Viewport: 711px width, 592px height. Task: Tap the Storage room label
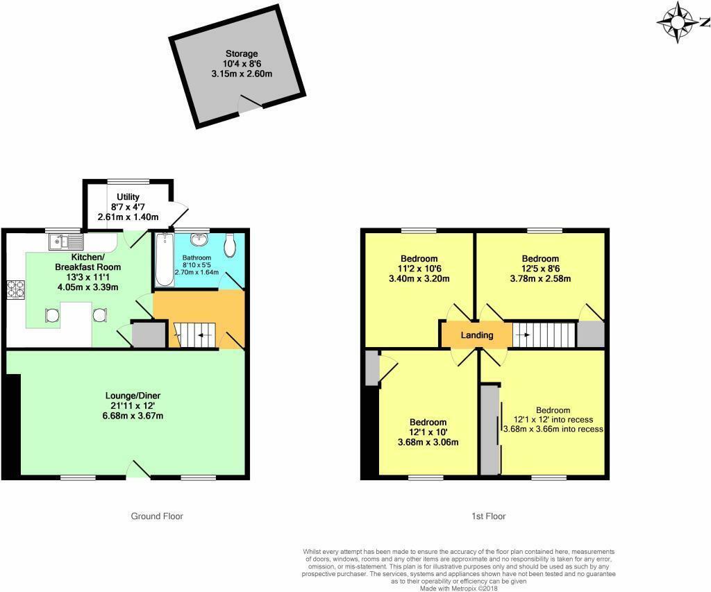pos(241,53)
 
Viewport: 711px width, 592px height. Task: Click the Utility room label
pos(128,197)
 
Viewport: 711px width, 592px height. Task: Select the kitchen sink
pos(66,242)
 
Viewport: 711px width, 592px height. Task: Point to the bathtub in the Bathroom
pos(164,260)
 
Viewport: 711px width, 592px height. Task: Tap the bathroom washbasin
pos(201,240)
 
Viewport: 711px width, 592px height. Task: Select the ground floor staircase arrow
pos(201,335)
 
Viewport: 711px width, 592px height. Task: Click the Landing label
pos(477,335)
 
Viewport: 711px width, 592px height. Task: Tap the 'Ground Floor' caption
pos(157,516)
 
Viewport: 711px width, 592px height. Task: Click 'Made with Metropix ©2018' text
pos(459,588)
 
